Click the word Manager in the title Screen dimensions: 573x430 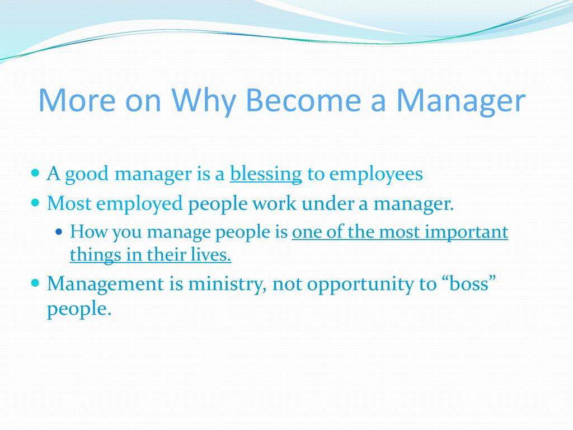(461, 100)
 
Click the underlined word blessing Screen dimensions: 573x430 (266, 174)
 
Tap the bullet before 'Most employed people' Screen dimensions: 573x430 (35, 202)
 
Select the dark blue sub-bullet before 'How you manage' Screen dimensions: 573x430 (59, 231)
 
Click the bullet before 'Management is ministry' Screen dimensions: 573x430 (35, 283)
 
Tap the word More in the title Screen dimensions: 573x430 (77, 100)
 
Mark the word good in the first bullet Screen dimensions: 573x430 (87, 174)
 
